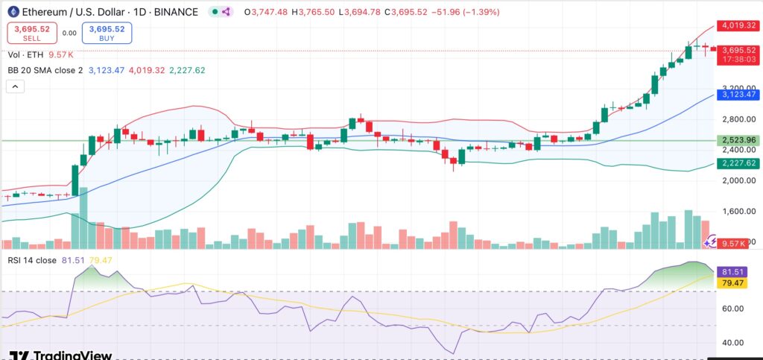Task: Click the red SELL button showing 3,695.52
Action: point(31,33)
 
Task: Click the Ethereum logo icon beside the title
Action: point(13,12)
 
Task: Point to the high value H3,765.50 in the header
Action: point(317,12)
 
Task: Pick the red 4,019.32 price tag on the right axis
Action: point(738,25)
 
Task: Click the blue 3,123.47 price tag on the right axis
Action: point(738,95)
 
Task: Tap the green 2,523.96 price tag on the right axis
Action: point(738,140)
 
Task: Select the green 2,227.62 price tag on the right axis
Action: point(738,162)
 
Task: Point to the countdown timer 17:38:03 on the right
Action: point(738,60)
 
